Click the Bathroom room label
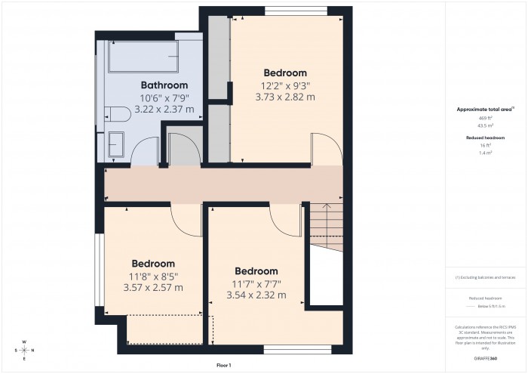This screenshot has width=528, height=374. pos(164,85)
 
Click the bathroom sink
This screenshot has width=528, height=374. pos(117,144)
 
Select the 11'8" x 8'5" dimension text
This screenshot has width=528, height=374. pos(153,277)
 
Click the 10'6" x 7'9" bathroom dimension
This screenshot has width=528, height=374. pos(164,98)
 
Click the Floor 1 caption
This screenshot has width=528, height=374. pos(223,366)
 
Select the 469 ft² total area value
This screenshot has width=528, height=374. pos(485,119)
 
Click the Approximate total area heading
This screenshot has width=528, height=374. pos(484,110)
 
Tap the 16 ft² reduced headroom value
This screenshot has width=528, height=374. pos(485,144)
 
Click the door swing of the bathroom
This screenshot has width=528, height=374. pos(143,151)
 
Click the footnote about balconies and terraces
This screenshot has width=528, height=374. pos(485,278)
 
